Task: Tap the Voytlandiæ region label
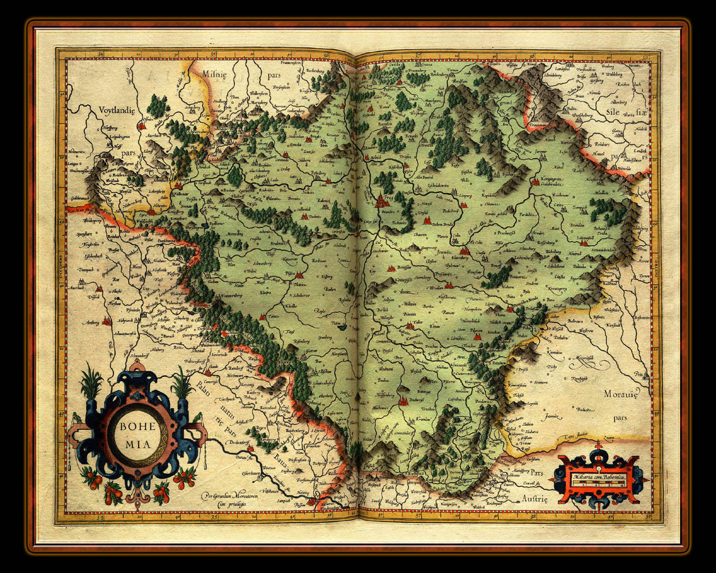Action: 117,110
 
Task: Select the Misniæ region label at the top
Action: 213,73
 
